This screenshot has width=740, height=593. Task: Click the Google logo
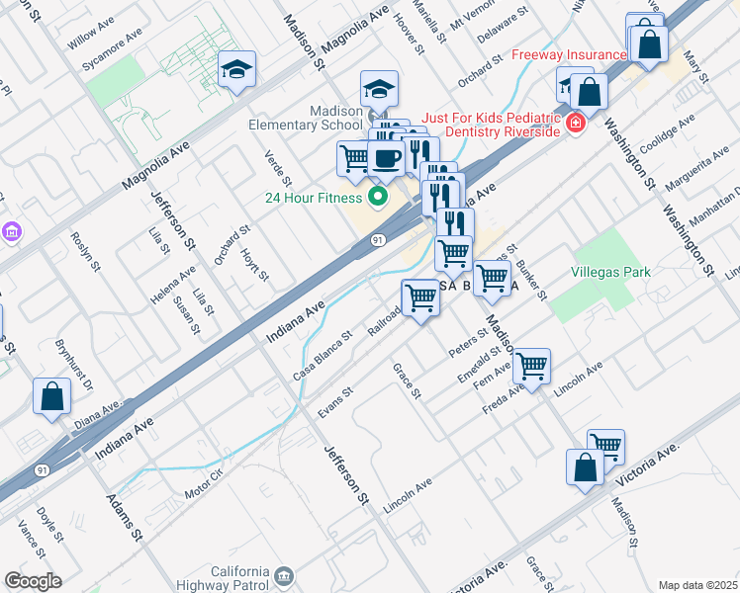tap(32, 581)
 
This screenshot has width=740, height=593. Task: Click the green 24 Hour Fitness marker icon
tap(376, 197)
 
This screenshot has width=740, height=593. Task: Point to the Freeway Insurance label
tap(569, 54)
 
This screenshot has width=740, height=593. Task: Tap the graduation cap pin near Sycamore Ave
tap(236, 70)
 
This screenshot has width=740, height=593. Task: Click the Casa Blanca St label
tap(323, 356)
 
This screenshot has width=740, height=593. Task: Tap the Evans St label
tap(335, 401)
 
